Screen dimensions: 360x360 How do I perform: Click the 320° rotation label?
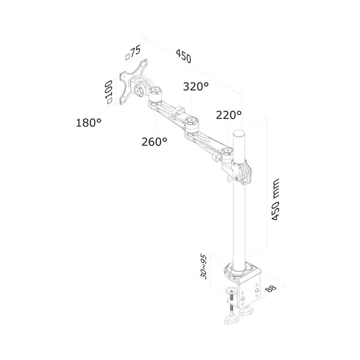tap(195, 87)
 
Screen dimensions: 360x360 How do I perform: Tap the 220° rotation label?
tap(228, 115)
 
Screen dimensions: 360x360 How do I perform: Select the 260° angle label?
tap(154, 141)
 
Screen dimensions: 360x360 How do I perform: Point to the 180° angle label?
tap(88, 122)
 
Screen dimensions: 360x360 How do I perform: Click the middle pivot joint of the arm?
tap(193, 122)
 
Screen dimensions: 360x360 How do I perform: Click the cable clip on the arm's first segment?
tap(179, 111)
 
